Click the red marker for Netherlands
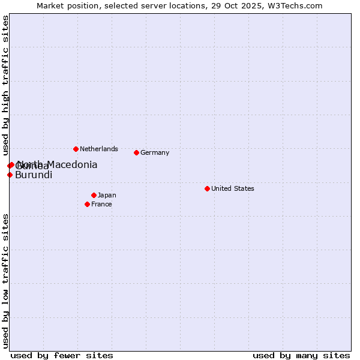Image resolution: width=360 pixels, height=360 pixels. click(76, 149)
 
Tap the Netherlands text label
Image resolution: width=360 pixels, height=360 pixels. click(99, 149)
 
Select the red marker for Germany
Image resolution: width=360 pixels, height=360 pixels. click(136, 152)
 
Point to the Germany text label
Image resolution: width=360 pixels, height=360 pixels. click(155, 152)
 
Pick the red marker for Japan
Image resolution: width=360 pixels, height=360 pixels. click(94, 195)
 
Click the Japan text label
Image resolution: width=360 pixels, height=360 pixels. click(107, 195)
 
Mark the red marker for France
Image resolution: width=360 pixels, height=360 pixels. click(87, 204)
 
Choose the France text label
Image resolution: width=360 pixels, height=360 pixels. click(101, 204)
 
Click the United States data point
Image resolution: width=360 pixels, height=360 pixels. click(207, 188)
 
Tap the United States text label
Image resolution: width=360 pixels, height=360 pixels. click(233, 188)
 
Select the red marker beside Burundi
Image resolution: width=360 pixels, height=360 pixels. click(10, 175)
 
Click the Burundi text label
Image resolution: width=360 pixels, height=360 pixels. click(34, 175)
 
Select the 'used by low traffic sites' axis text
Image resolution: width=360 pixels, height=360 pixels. click(5, 280)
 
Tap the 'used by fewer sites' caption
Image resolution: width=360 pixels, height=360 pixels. click(62, 355)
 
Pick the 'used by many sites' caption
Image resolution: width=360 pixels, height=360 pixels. click(301, 355)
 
